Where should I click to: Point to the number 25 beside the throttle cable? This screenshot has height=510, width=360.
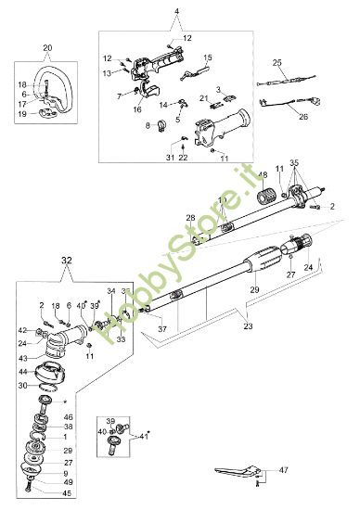(x=276, y=62)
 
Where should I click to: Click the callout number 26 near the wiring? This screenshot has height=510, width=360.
(x=302, y=118)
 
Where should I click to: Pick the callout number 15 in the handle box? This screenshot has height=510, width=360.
(x=208, y=58)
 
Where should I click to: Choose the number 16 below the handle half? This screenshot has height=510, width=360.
(x=137, y=109)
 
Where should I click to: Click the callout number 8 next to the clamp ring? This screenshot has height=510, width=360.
(x=147, y=124)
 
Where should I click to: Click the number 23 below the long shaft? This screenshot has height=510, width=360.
(x=247, y=326)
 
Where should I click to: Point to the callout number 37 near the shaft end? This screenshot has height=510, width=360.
(x=162, y=328)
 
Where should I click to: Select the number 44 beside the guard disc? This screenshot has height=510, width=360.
(x=22, y=371)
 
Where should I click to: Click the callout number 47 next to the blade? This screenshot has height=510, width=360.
(x=283, y=471)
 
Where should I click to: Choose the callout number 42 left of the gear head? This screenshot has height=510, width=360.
(x=22, y=330)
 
